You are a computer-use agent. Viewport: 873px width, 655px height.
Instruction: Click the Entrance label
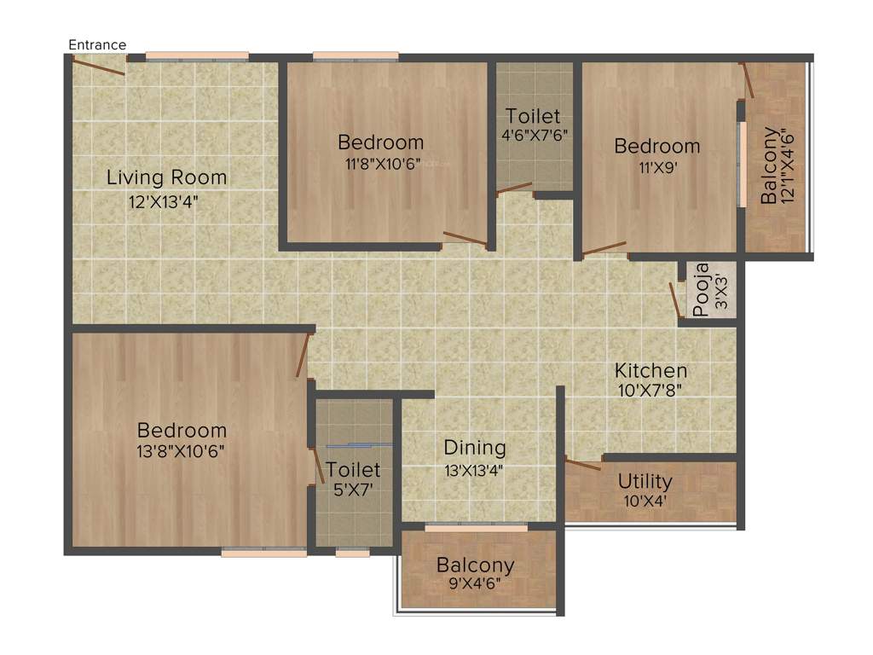(x=97, y=44)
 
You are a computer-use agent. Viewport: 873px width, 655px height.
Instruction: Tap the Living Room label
(x=166, y=177)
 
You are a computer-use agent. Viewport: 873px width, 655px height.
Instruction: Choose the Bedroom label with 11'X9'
(x=657, y=146)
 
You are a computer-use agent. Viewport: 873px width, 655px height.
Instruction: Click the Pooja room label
(x=701, y=291)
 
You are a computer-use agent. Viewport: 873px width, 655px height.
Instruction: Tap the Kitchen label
(x=651, y=370)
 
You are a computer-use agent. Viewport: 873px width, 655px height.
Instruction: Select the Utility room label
(x=645, y=481)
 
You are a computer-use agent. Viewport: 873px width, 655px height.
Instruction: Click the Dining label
(x=475, y=447)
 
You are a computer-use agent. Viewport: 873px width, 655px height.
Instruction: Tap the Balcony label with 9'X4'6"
(x=476, y=565)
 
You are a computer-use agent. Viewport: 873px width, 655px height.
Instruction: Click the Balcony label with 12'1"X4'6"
(x=770, y=165)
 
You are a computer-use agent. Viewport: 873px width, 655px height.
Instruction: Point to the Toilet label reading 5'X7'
(x=353, y=470)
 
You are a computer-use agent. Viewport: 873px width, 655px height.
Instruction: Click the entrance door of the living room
(x=99, y=65)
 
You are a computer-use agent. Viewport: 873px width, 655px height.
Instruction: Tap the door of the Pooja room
(x=674, y=299)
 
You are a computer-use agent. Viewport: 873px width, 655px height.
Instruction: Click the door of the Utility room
(x=583, y=465)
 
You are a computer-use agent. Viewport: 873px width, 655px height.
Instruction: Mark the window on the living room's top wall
(x=196, y=56)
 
